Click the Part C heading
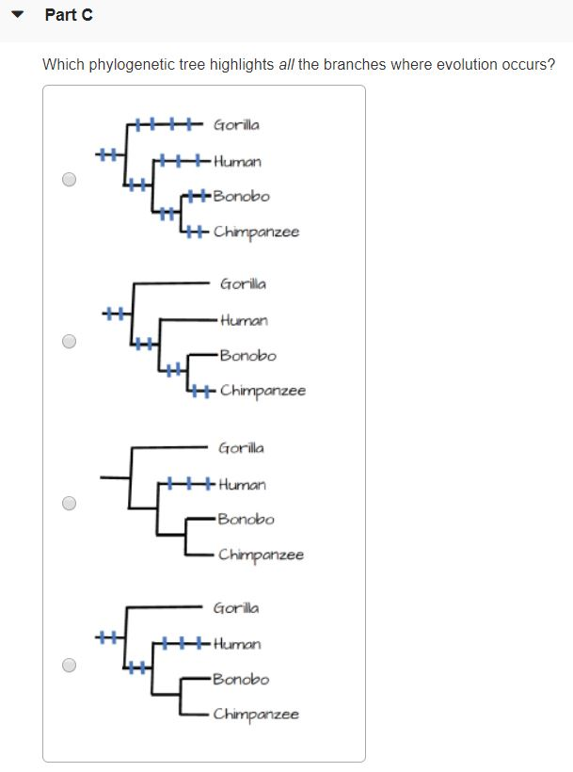68,15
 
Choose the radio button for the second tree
69,341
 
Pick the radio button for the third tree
69,503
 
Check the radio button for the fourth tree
69,665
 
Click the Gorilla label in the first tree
236,124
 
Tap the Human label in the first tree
237,161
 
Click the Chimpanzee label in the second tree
263,391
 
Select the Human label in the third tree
242,485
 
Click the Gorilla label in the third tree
241,448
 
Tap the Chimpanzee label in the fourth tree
255,715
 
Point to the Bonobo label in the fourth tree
241,679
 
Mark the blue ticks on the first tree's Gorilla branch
164,123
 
